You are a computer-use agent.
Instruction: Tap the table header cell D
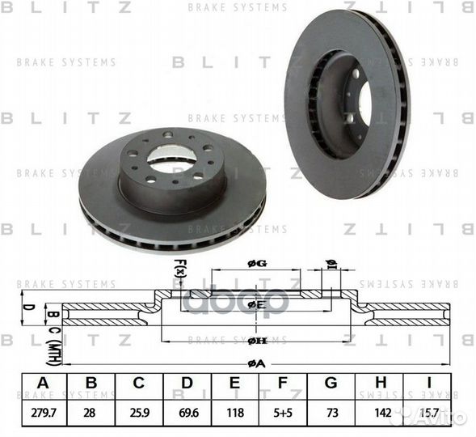tap(187, 383)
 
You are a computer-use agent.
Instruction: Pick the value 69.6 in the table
tap(187, 412)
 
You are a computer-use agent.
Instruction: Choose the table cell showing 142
tap(383, 412)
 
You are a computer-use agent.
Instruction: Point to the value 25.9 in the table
tap(139, 412)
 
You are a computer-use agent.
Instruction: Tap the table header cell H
tap(383, 383)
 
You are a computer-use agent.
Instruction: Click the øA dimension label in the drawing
tap(257, 363)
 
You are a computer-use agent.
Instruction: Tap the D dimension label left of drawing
tap(26, 308)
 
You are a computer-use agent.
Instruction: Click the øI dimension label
tap(330, 262)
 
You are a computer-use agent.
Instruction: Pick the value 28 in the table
tap(91, 412)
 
